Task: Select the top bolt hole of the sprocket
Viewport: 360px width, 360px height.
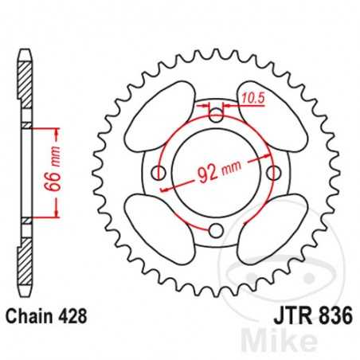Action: pyautogui.click(x=217, y=115)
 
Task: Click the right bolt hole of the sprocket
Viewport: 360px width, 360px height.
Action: pyautogui.click(x=274, y=173)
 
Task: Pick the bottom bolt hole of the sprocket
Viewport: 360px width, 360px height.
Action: pyautogui.click(x=217, y=230)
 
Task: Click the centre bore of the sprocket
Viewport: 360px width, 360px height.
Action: pyautogui.click(x=217, y=173)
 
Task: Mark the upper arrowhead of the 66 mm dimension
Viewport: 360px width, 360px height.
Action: pyautogui.click(x=57, y=129)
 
